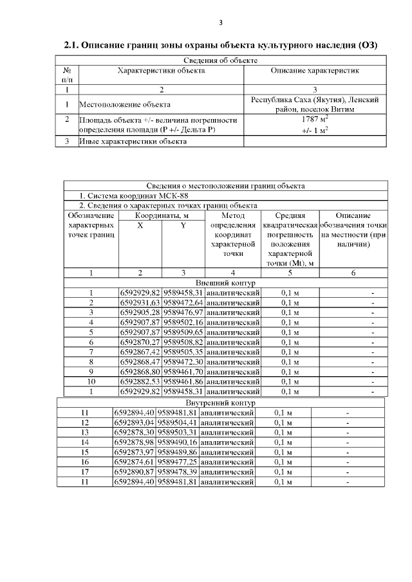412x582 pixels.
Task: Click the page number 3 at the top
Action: tap(221, 23)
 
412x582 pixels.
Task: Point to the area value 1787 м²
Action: tap(315, 120)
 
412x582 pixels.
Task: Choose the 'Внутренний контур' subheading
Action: tap(221, 403)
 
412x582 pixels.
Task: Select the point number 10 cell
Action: tap(91, 381)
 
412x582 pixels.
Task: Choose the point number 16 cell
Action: tap(84, 462)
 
